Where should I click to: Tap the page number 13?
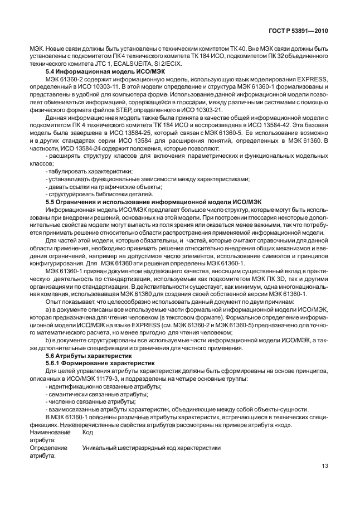coord(325,467)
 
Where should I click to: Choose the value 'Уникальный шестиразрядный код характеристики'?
coord(152,448)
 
